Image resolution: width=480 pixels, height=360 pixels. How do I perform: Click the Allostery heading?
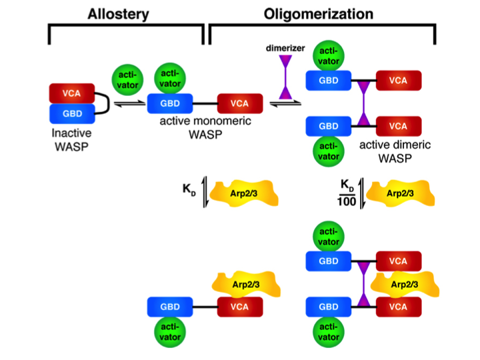coord(127,13)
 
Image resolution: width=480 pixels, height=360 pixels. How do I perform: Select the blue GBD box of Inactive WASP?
coord(71,113)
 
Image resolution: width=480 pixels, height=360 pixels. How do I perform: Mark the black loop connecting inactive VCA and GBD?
coord(103,103)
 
